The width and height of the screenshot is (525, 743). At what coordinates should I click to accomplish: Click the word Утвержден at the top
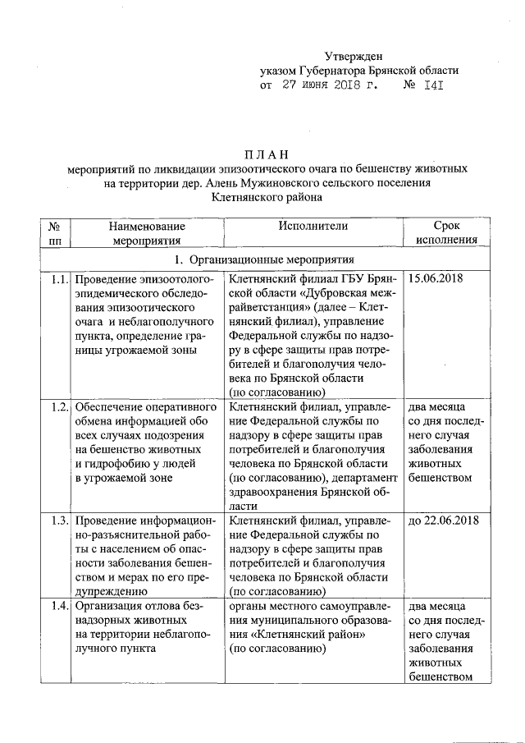coord(354,56)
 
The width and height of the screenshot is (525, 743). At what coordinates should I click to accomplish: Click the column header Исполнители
coord(313,226)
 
